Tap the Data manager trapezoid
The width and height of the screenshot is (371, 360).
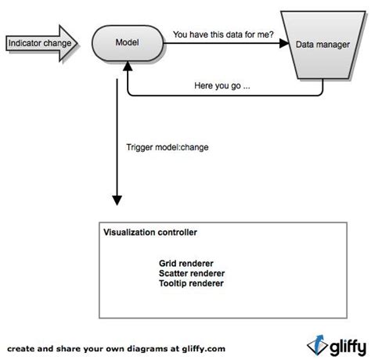tap(321, 45)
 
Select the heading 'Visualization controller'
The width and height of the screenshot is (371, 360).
tap(149, 232)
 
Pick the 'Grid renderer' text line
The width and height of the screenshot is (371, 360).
tap(186, 263)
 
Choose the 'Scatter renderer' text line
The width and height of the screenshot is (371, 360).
tap(192, 273)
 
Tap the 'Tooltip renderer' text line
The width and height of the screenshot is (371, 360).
tap(191, 283)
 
